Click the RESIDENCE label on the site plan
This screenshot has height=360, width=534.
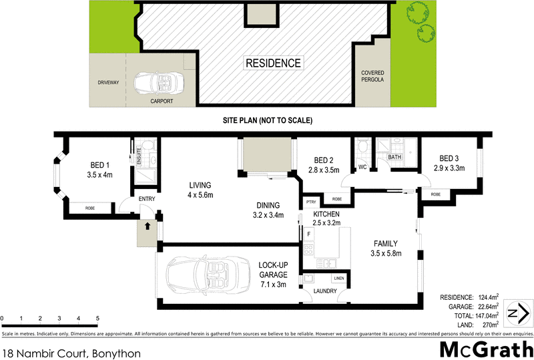tap(273, 63)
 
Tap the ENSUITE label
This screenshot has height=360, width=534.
tap(140, 156)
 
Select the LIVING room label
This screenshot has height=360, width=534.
tap(200, 185)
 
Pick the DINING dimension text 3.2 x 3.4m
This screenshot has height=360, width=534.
tap(267, 215)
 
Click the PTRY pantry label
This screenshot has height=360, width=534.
tap(310, 201)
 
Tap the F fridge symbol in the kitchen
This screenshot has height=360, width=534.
tap(309, 234)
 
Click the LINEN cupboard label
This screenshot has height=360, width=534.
tap(338, 277)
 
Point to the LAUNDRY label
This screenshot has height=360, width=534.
tap(324, 291)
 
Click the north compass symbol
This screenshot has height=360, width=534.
tap(519, 314)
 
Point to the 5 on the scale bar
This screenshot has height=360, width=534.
tap(97, 318)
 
